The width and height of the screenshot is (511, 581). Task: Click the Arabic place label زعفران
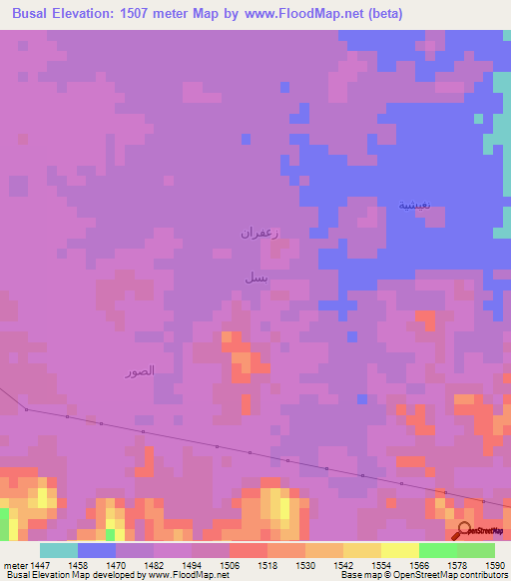click(258, 232)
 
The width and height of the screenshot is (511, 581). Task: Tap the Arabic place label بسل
click(255, 277)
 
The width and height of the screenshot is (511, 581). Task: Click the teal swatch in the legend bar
click(59, 550)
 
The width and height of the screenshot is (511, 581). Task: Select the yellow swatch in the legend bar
click(399, 550)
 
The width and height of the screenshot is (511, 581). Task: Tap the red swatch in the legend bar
click(249, 550)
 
